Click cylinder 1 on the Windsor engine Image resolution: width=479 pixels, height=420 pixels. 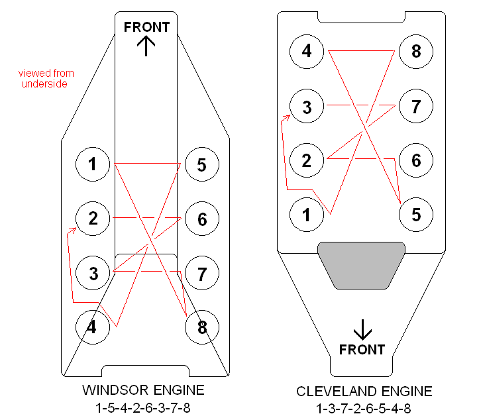tap(93, 164)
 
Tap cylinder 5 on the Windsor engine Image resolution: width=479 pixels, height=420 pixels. tap(201, 164)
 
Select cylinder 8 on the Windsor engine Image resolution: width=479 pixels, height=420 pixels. tap(201, 327)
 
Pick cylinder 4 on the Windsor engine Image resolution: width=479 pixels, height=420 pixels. tap(93, 327)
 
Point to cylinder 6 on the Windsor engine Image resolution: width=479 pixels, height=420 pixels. tap(201, 219)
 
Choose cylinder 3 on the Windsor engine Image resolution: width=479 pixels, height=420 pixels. tap(93, 273)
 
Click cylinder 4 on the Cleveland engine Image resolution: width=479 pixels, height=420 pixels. tap(307, 51)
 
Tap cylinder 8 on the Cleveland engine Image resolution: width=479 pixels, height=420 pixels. tap(416, 51)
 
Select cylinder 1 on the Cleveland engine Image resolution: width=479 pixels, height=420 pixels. tap(307, 215)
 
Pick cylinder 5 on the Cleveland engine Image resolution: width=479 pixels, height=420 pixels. tap(416, 215)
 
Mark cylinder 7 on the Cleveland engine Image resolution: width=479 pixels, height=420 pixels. tap(416, 106)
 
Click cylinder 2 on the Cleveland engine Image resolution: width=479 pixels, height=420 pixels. tap(307, 160)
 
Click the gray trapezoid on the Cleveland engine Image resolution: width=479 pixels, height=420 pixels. tap(361, 264)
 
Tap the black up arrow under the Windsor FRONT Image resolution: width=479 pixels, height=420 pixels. tap(146, 46)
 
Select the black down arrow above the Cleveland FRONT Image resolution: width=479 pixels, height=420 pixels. tap(362, 329)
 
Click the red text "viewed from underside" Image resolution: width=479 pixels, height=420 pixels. tap(46, 78)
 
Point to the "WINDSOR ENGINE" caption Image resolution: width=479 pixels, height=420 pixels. tap(143, 390)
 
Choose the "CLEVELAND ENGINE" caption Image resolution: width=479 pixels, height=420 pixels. tap(364, 392)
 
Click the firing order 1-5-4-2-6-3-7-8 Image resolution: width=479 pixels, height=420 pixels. tap(143, 406)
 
